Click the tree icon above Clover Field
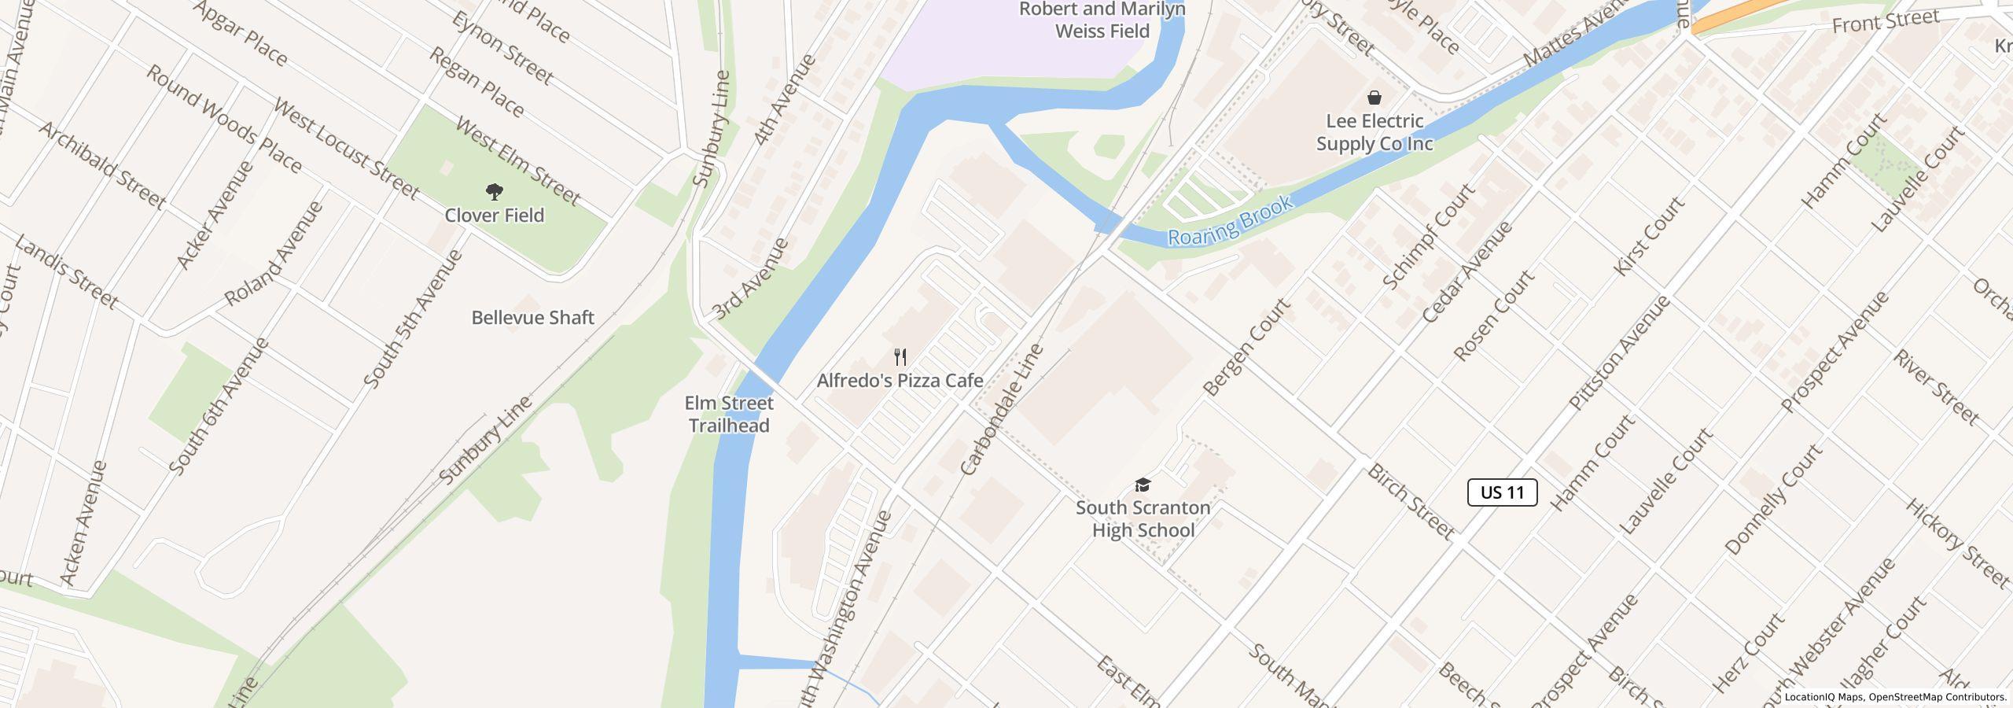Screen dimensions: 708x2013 tap(495, 191)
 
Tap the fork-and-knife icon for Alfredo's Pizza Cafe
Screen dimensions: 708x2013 tap(900, 358)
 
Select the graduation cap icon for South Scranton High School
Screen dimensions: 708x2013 tap(1143, 485)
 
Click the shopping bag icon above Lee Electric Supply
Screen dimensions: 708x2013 tap(1375, 98)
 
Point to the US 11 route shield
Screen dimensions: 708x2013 tap(1502, 492)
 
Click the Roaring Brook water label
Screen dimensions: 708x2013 tap(1230, 221)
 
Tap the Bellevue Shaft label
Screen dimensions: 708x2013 tap(532, 318)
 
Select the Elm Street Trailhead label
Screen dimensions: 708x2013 tap(729, 415)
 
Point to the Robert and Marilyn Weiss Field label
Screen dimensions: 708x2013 tap(1102, 20)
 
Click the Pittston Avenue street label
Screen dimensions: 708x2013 tap(1619, 353)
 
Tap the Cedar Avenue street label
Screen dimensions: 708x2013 tap(1467, 272)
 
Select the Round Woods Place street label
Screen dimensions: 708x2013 tap(224, 120)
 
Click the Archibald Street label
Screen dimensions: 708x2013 tap(102, 166)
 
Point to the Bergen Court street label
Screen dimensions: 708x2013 tap(1246, 347)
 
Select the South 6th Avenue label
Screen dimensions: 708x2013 tap(219, 407)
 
